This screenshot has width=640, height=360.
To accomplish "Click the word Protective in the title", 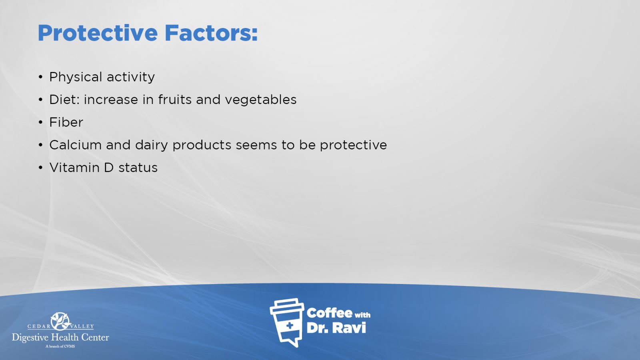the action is [x=98, y=33].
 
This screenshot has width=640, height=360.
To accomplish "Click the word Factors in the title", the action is [x=211, y=33].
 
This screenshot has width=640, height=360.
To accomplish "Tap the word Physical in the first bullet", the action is [x=76, y=77].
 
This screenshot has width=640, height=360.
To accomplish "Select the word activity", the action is [x=130, y=77].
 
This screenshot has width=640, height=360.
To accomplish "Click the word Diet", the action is [x=64, y=100].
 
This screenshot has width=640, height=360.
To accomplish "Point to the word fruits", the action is [x=174, y=100].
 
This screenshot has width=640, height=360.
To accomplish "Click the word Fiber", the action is [x=66, y=122].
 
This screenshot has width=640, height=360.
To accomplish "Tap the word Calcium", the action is [x=76, y=145].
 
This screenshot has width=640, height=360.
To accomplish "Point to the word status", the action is [x=138, y=168].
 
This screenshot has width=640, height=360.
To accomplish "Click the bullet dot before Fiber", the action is [x=40, y=122].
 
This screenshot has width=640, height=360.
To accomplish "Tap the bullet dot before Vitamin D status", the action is [x=40, y=168].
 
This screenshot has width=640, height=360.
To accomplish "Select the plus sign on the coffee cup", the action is [x=290, y=326].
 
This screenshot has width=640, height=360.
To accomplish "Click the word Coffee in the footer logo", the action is [x=329, y=313].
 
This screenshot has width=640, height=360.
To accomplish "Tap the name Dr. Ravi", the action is [x=336, y=328].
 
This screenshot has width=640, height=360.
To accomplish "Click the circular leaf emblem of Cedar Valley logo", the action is [x=60, y=321].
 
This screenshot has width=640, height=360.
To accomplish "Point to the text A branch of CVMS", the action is [x=60, y=346].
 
